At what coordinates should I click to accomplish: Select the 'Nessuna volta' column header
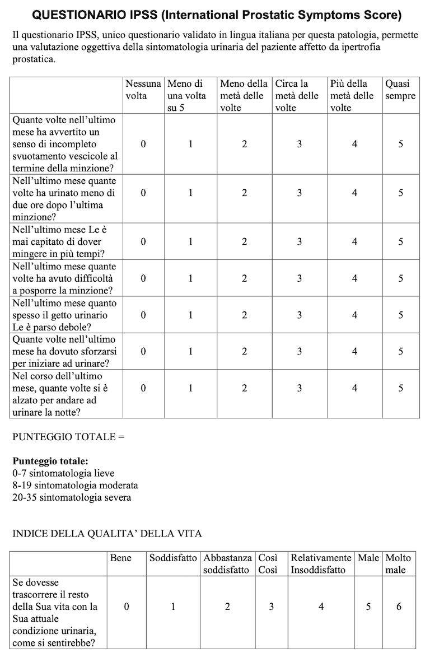click(143, 90)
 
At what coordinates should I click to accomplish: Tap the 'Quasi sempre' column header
click(400, 90)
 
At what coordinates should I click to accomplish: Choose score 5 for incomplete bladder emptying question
click(400, 144)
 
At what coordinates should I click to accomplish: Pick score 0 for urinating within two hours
click(143, 193)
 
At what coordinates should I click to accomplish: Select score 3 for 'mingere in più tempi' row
click(300, 242)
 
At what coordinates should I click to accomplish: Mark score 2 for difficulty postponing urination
click(244, 278)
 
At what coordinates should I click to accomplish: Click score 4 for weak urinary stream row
click(354, 315)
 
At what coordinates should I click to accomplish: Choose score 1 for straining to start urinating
click(190, 351)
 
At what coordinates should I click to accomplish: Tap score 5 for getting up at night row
click(400, 388)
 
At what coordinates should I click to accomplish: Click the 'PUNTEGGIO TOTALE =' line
click(68, 437)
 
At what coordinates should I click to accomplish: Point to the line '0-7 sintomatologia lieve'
click(63, 473)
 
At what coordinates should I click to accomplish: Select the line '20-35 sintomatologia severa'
click(72, 497)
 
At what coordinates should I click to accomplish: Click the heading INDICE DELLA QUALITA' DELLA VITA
click(107, 533)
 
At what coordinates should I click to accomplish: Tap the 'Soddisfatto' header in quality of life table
click(173, 558)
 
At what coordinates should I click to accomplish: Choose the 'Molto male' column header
click(398, 563)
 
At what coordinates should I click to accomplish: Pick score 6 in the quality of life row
click(399, 607)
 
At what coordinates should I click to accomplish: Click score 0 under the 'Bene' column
click(127, 607)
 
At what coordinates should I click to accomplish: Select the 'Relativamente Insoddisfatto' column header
click(321, 563)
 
